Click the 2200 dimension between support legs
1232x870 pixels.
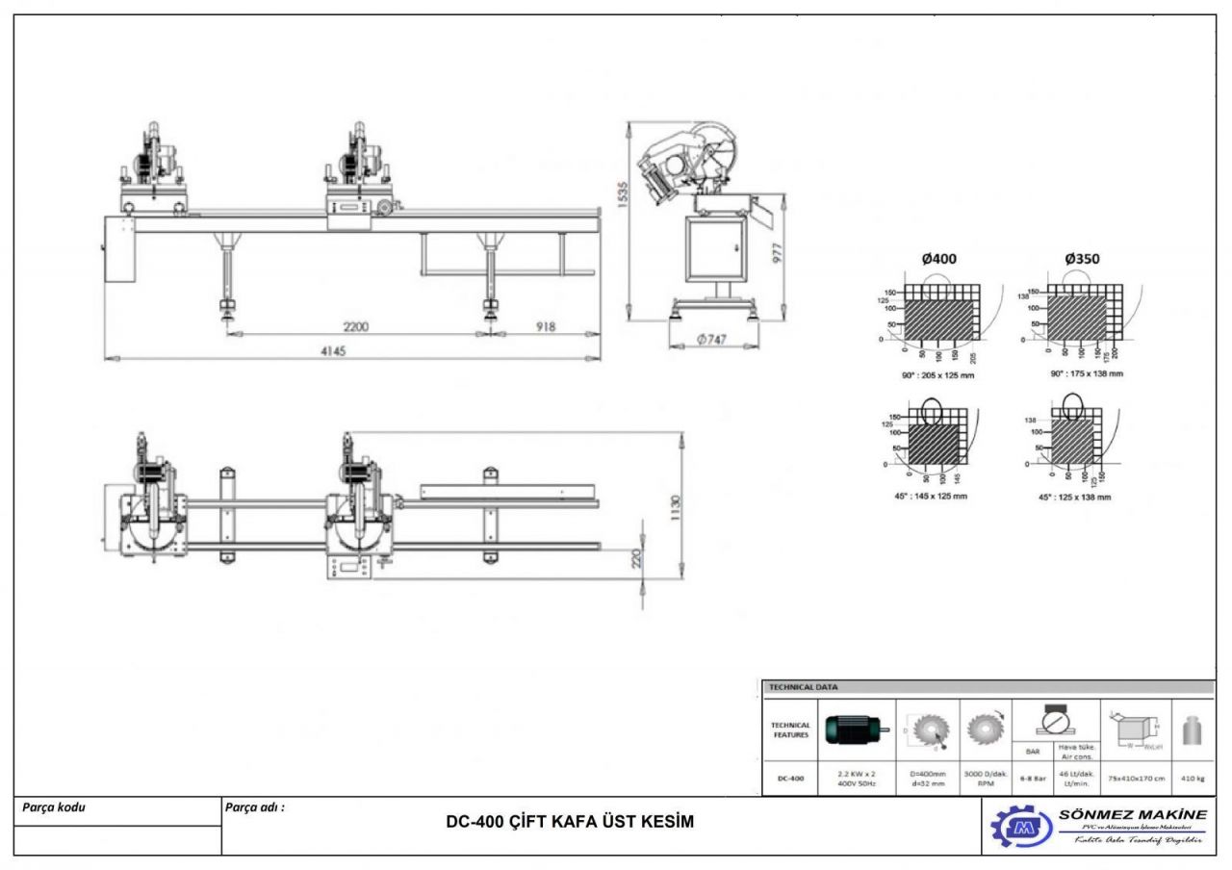[x=356, y=327]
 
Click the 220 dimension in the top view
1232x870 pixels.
[x=636, y=559]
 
